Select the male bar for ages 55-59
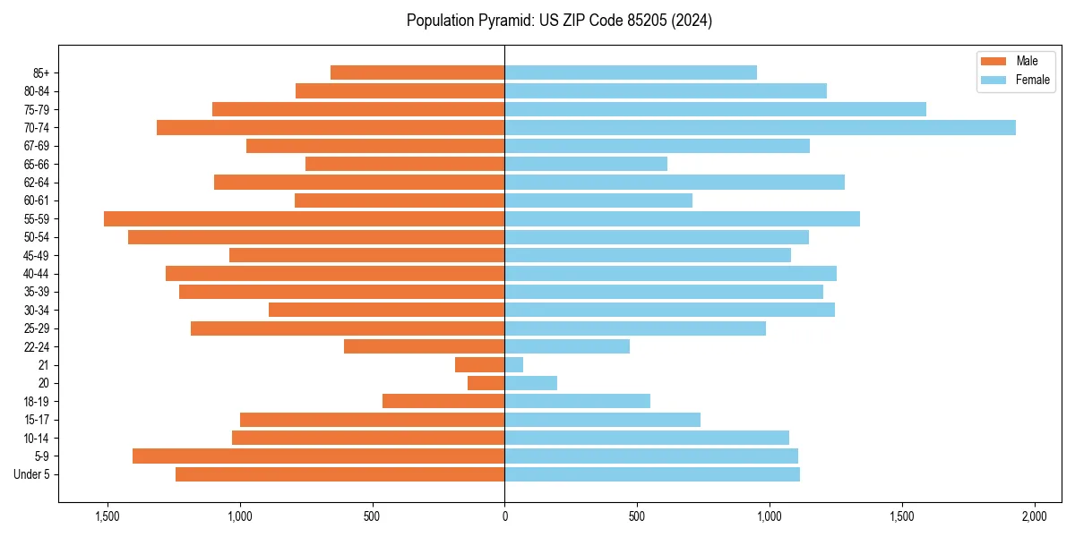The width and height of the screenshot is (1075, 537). (x=305, y=219)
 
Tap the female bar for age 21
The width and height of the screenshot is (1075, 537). (x=514, y=365)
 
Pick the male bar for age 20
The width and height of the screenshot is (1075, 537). (x=486, y=383)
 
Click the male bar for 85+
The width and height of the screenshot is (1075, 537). (x=417, y=72)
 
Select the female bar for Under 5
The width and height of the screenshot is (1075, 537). (x=652, y=474)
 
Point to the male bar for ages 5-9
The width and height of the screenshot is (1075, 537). (x=319, y=456)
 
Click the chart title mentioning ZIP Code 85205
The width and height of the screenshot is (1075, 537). (x=559, y=21)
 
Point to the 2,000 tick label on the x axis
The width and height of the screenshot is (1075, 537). (x=1034, y=517)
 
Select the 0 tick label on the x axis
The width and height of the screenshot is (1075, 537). (x=504, y=517)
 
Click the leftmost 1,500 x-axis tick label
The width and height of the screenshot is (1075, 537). (x=107, y=517)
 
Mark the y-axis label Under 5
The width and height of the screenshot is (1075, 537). (x=32, y=474)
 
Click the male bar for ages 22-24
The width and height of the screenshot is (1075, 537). (x=425, y=347)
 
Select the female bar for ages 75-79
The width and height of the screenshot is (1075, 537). (x=715, y=109)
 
